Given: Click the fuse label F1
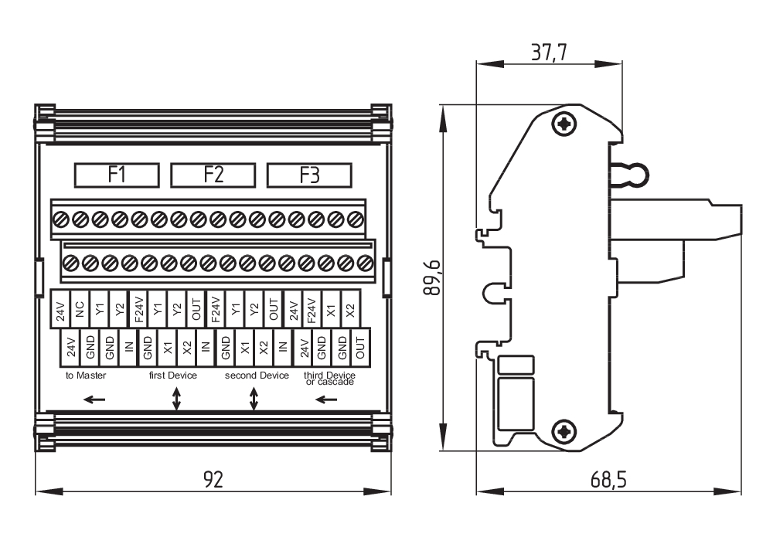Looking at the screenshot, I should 117,175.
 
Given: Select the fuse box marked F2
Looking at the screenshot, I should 213,175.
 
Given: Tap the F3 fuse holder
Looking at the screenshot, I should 309,175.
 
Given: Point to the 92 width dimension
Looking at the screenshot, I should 213,479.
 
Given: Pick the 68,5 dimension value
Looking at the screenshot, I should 608,479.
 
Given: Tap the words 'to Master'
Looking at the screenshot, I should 86,376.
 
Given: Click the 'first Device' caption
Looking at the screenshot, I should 173,376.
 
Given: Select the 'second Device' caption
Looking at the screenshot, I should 257,376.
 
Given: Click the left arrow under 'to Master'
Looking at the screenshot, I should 94,399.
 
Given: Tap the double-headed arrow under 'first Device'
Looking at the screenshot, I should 176,399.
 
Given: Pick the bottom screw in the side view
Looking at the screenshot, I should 567,432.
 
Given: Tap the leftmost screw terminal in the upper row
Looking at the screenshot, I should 62,220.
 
